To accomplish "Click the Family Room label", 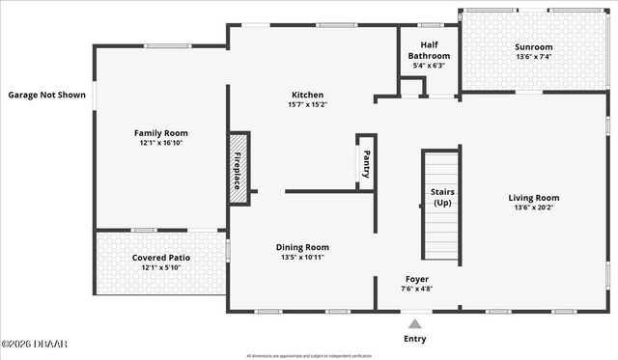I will (161, 133).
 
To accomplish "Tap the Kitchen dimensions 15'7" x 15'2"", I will (308, 104).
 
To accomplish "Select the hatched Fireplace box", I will (239, 168).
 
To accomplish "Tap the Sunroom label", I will (533, 46).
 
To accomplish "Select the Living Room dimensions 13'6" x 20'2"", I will (534, 207).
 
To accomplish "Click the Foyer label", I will (417, 279).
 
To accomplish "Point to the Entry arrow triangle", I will (416, 324).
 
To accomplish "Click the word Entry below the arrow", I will (415, 339).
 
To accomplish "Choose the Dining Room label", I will (302, 247).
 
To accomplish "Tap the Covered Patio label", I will (160, 258).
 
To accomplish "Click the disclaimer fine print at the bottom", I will (308, 355).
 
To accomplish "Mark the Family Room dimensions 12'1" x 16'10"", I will (160, 143).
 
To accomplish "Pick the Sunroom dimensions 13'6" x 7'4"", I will (533, 56).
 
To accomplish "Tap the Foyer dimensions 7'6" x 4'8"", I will (417, 289).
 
